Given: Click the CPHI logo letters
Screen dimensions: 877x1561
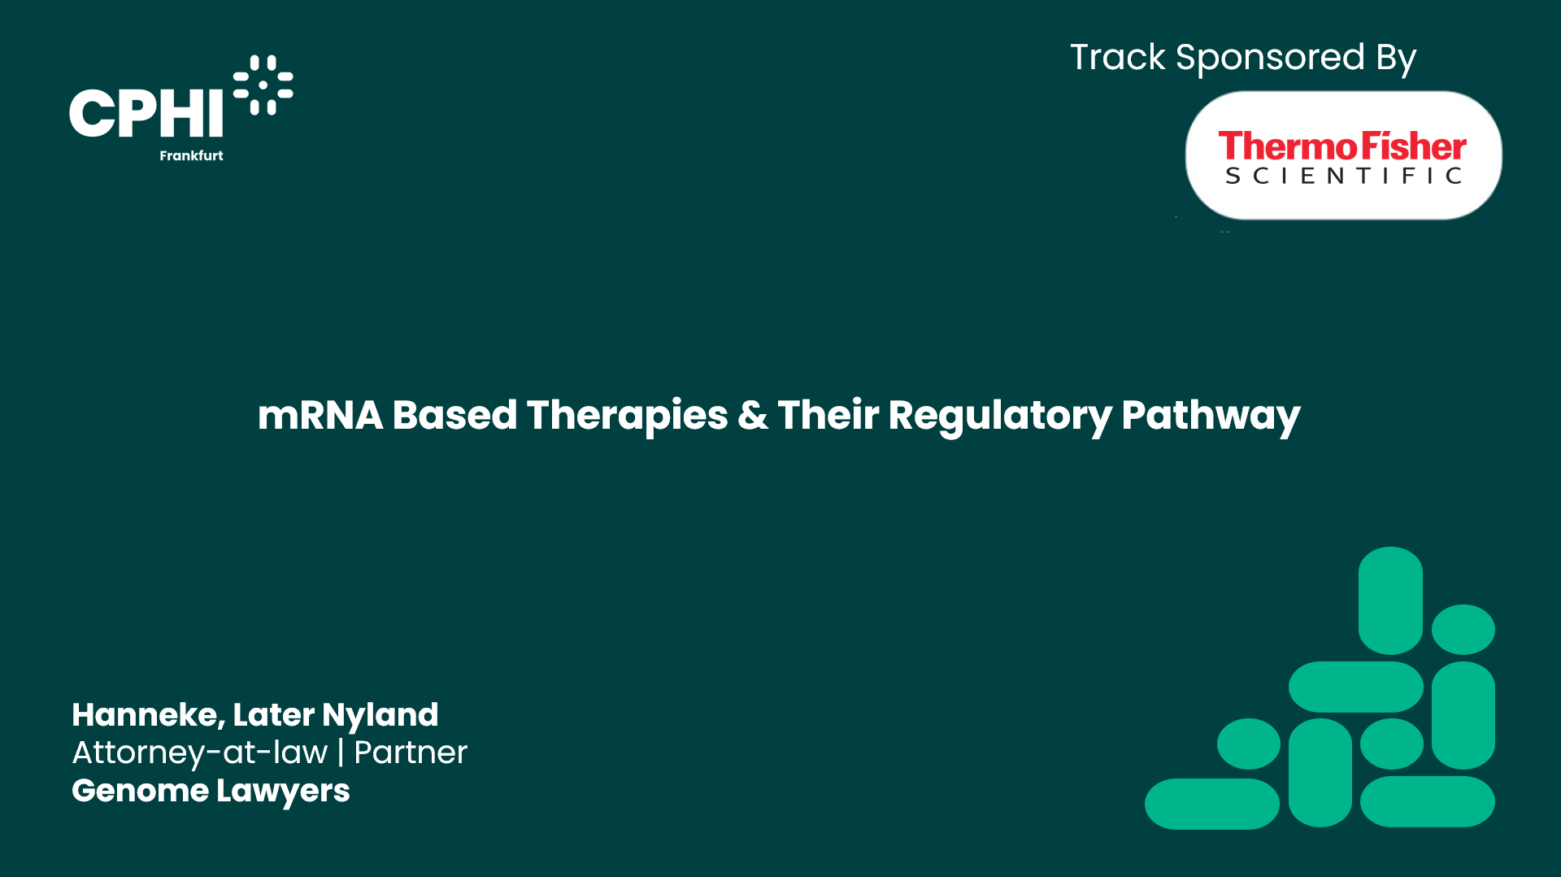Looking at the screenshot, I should coord(146,112).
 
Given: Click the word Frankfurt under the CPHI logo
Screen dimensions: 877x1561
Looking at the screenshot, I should coord(191,155).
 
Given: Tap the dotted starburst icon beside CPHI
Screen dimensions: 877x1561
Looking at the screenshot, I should coord(263,85).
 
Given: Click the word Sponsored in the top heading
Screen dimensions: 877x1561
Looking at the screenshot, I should coord(1269,59).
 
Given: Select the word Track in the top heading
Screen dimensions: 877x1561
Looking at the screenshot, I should coord(1117,58).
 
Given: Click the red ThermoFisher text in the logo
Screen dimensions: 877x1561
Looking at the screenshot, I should coord(1341,146).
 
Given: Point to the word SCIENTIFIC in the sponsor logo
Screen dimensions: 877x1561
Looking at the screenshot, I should coord(1343,177).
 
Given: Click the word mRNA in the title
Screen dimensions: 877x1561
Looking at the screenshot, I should coord(320,415).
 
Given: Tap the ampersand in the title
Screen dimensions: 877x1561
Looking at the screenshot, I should coord(752,415).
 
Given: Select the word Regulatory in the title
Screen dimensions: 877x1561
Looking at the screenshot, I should coord(999,417).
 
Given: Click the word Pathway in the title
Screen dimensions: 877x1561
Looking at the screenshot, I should coord(1211,417).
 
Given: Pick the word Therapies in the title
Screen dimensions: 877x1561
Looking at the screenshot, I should coord(627,417).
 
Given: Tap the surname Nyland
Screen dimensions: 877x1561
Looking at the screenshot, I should coord(380,715).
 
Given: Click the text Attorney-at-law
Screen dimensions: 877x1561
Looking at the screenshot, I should coord(200,753).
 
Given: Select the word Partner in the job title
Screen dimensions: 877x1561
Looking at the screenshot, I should coord(410,753).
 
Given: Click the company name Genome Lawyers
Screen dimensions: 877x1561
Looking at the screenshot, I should coord(211,791).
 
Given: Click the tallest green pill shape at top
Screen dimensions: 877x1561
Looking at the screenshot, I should coord(1390,600).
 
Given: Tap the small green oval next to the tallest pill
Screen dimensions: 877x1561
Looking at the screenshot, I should coord(1463,629).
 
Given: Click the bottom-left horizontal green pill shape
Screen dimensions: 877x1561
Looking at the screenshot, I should coord(1211,804).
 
